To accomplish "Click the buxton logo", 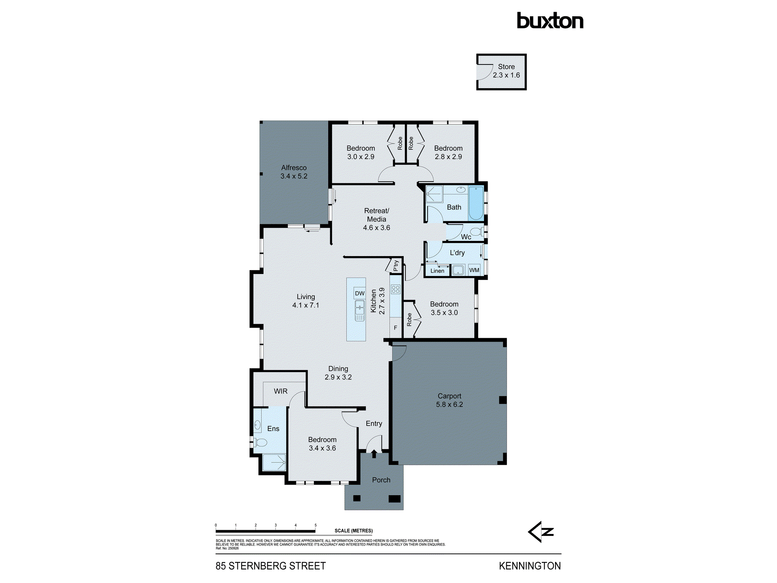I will pos(550,21).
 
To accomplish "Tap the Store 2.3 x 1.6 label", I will pos(506,71).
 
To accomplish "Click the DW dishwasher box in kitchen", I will pos(360,293).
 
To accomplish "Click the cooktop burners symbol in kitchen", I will pos(395,289).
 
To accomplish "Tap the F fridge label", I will pos(395,328).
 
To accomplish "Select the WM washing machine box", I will pos(474,270).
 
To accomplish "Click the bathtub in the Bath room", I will pos(476,203).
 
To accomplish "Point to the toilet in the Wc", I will pos(477,232).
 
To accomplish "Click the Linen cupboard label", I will pos(437,271).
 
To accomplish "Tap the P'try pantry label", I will pos(395,265).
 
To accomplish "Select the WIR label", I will pos(280,391).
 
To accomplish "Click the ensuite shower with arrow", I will pos(274,463).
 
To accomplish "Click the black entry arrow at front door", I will pos(374,454).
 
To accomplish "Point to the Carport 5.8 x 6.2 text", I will pos(449,400).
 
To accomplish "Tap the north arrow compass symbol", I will pos(541,532).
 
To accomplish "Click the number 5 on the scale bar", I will pos(315,525).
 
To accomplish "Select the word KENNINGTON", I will pos(530,566).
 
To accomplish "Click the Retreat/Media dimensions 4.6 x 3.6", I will pos(376,228).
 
